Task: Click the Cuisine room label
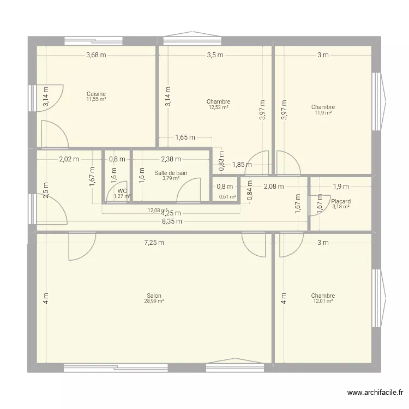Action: [x=96, y=94]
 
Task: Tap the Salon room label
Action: [x=154, y=296]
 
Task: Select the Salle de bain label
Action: [x=171, y=173]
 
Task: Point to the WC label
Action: [x=122, y=191]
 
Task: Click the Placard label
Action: [x=341, y=201]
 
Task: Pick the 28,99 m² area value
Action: [x=154, y=300]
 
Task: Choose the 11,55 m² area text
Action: [x=96, y=99]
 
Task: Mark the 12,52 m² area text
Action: [x=218, y=107]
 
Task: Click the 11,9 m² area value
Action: [x=323, y=112]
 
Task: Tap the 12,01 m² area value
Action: [x=323, y=301]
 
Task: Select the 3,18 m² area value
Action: [x=341, y=207]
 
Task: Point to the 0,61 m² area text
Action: [x=227, y=197]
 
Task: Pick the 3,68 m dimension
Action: [x=96, y=55]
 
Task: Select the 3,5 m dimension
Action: [x=215, y=55]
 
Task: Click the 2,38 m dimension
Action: [x=171, y=159]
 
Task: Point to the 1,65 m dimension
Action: [x=185, y=137]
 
